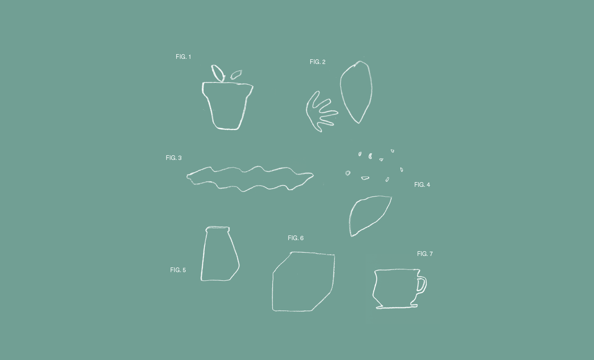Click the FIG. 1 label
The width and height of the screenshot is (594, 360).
point(183,57)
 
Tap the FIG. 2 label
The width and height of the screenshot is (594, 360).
point(317,62)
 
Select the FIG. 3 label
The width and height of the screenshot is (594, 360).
point(174,158)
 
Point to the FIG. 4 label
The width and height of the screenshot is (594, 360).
point(422,185)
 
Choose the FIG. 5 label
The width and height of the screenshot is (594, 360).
point(178,270)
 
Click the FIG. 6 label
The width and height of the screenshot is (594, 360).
point(296,238)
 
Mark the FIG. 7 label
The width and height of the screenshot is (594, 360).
point(425,254)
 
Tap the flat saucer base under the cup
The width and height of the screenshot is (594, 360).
point(397,308)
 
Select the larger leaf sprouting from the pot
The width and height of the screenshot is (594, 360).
point(218,73)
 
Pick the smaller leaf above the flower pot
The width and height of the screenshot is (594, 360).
point(236,75)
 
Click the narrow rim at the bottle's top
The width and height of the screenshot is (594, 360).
point(218,229)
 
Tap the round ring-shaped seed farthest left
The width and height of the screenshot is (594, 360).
point(348,173)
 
